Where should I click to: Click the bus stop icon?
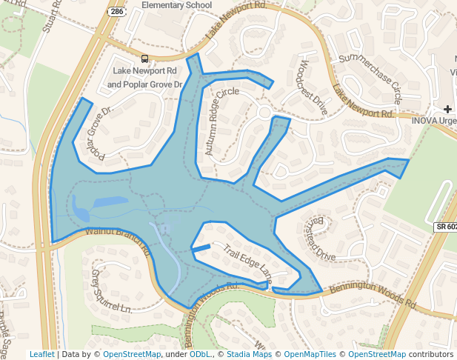click(x=144, y=58)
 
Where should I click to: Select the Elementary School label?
click(x=177, y=5)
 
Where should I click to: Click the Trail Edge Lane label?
click(x=248, y=265)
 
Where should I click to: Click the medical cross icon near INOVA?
click(x=447, y=110)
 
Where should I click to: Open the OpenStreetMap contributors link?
click(x=376, y=354)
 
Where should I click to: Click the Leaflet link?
click(x=41, y=354)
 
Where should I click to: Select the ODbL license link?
click(x=200, y=354)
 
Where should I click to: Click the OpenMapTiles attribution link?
click(x=310, y=354)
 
